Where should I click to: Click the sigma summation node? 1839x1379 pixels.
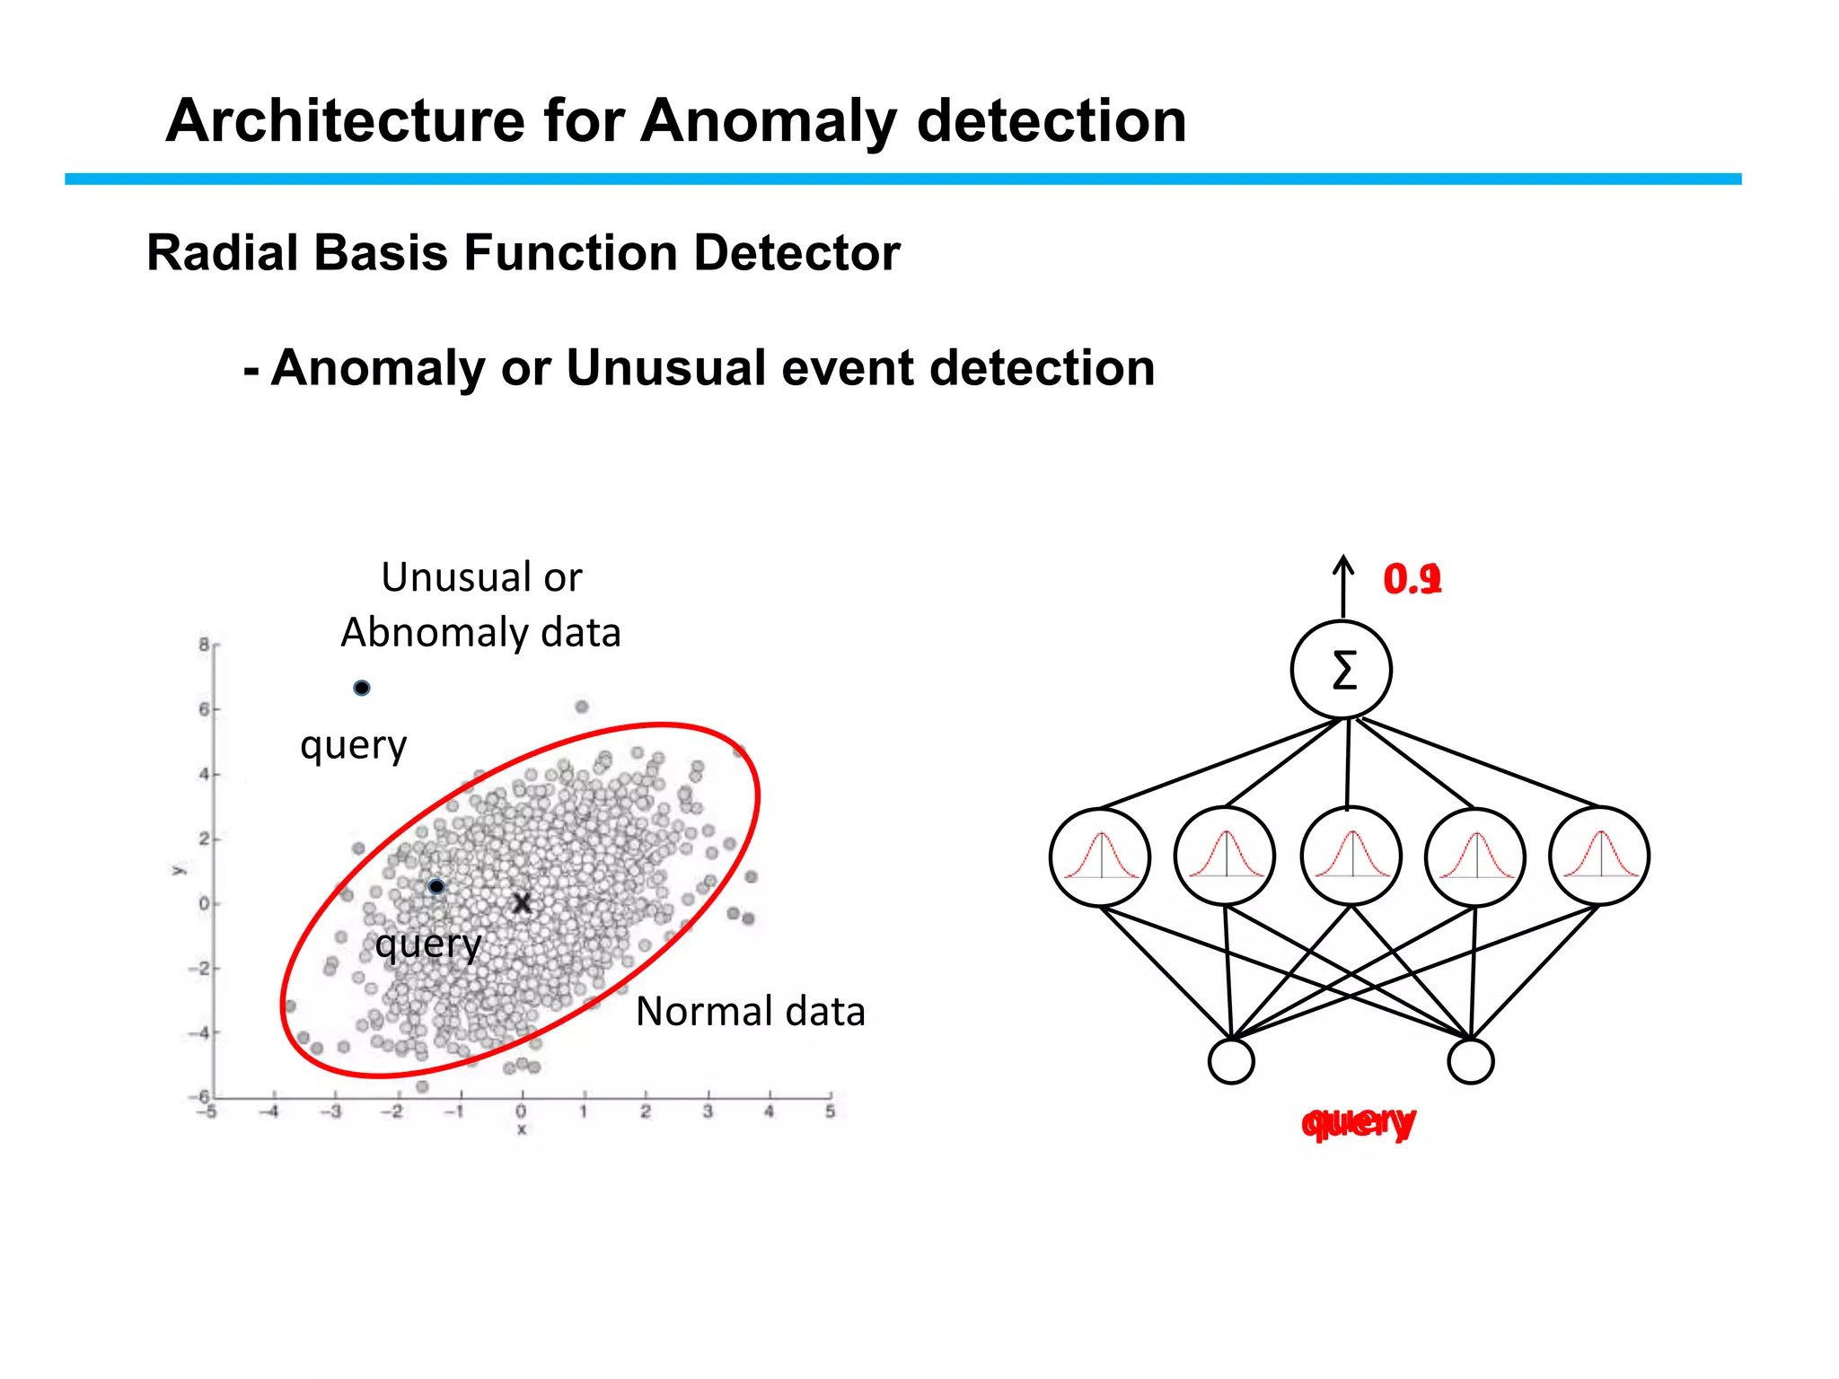coord(1342,670)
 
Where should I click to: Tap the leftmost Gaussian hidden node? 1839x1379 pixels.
coord(1100,856)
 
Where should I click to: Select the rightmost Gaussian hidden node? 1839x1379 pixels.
coord(1599,856)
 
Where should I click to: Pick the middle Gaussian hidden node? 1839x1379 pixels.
coord(1351,856)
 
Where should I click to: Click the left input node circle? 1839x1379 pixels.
coord(1231,1061)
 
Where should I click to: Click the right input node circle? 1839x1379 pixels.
coord(1471,1061)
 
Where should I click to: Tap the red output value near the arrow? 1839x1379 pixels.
coord(1412,579)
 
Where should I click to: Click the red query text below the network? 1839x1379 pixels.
coord(1359,1122)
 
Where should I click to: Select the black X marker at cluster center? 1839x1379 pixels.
coord(522,903)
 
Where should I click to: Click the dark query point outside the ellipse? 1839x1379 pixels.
coord(361,688)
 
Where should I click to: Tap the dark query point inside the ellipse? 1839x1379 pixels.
coord(436,886)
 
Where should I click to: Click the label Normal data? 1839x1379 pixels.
coord(750,1012)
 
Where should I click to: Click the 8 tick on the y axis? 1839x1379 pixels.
coord(204,645)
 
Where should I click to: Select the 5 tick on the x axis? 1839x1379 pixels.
coord(830,1111)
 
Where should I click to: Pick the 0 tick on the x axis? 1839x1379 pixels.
coord(521,1111)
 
